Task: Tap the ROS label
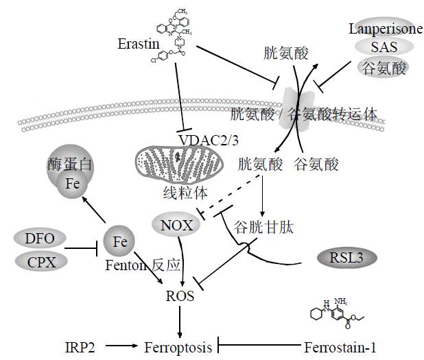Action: pos(180,296)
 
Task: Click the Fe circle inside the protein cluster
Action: pos(71,184)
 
